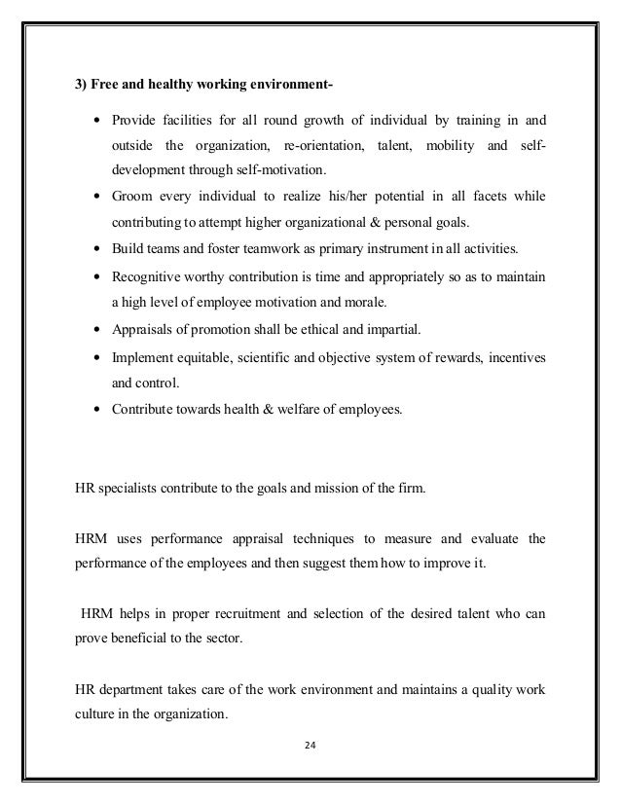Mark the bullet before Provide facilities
point(98,121)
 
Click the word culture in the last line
point(96,718)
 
